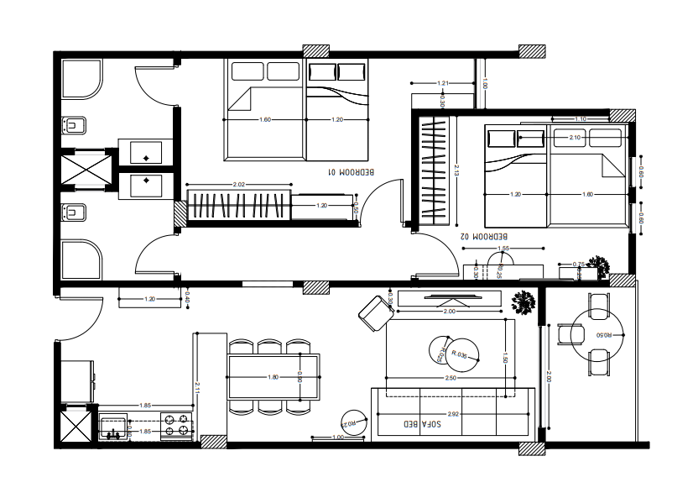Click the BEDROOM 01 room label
coord(352,172)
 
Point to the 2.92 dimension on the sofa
coord(454,414)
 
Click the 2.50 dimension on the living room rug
coord(451,378)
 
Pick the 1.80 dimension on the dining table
coord(273,377)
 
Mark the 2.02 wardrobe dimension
coord(238,185)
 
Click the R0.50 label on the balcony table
coord(602,335)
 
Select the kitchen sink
coord(112,426)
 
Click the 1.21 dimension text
coord(444,83)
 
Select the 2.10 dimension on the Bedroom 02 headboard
coord(575,137)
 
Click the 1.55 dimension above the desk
coord(503,249)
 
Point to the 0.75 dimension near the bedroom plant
coord(578,265)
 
